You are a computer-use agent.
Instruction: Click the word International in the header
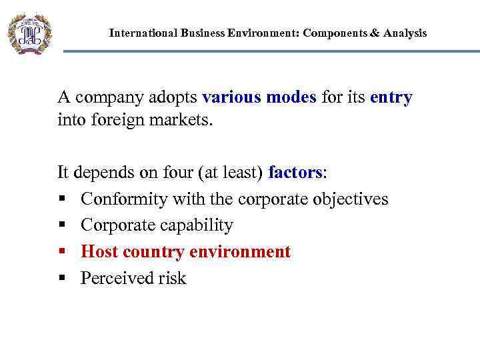143,33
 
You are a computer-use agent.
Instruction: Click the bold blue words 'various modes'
259,97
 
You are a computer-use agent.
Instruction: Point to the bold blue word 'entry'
391,97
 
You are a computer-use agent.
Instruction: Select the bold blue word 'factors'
295,173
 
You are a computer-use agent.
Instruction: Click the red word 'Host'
99,252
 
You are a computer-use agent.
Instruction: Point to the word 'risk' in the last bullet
173,278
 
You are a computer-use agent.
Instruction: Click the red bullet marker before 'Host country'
61,252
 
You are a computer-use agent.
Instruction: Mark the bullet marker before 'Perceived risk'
61,279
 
